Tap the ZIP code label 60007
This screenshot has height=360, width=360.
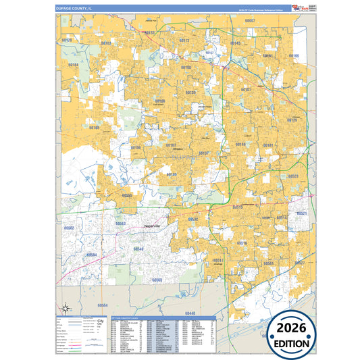[x=250, y=21]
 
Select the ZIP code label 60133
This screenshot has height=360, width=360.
[x=149, y=32]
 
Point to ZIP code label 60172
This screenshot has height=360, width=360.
[x=184, y=41]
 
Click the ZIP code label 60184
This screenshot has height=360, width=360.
[x=74, y=65]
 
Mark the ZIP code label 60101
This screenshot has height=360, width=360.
[x=246, y=89]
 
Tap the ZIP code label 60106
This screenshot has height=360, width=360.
[x=294, y=56]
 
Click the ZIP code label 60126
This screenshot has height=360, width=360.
[x=292, y=120]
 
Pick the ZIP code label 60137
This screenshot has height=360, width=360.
[x=204, y=153]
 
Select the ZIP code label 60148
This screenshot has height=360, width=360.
[x=240, y=145]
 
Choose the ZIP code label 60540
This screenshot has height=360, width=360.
[x=138, y=249]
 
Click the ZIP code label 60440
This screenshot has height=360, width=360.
[x=190, y=313]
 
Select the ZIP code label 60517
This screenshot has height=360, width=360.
[x=218, y=260]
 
